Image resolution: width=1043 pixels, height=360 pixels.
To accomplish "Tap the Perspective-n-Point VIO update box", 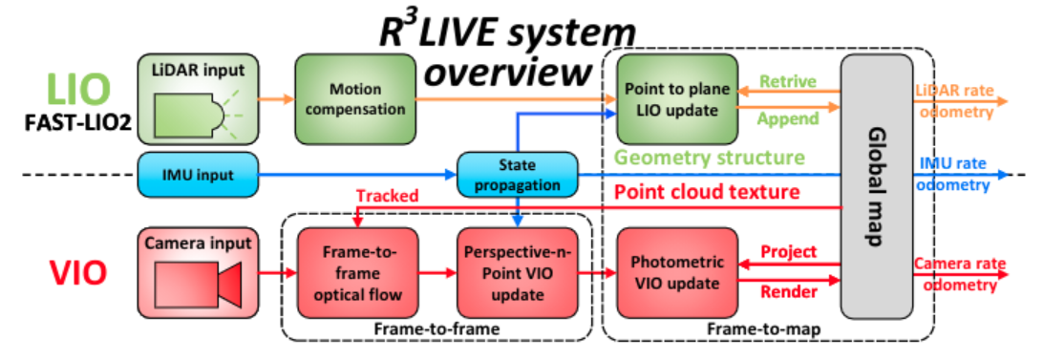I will tap(517, 273).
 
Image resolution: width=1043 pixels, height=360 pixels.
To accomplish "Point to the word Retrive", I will tap(787, 82).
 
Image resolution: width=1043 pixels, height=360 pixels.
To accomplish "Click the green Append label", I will tap(787, 119).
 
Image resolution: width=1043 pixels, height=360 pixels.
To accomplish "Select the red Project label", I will tap(787, 252).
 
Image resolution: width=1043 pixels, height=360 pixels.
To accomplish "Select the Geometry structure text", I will tap(709, 157).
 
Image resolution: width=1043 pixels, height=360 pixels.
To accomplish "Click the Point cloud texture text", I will tap(706, 192).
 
